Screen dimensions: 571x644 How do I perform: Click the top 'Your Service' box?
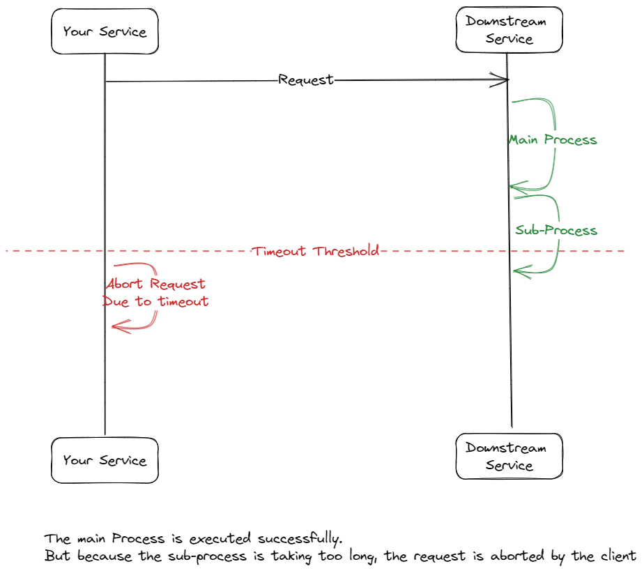[105, 31]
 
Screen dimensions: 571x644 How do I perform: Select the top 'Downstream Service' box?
[509, 30]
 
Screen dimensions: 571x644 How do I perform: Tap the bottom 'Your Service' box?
[105, 460]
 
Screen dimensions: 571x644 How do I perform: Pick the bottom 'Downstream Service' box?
[509, 457]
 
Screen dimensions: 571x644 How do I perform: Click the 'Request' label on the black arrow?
[306, 80]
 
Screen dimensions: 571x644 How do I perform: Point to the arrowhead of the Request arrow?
[506, 80]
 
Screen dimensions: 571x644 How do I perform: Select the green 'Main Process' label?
[553, 140]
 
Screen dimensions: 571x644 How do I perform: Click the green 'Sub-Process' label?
[556, 230]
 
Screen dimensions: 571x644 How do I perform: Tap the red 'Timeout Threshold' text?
[316, 251]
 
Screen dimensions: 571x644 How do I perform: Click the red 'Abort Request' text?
[155, 284]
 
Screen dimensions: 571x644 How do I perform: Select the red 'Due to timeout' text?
[155, 302]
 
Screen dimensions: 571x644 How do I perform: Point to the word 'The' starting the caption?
[56, 539]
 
